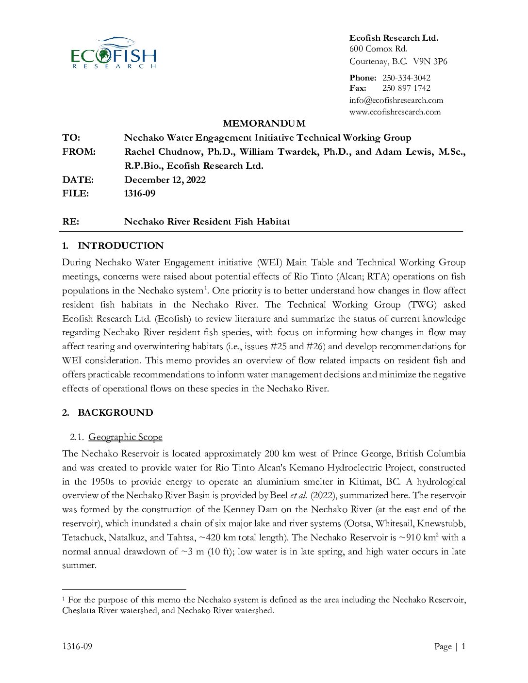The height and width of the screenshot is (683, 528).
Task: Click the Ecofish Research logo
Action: point(114,53)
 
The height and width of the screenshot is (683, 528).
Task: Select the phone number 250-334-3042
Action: point(406,78)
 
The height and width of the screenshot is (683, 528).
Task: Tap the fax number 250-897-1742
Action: point(406,88)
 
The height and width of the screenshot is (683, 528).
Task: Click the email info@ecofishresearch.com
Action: point(396,100)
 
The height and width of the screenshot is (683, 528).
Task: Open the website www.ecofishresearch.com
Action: point(395,112)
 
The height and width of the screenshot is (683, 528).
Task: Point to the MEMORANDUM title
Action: point(264,124)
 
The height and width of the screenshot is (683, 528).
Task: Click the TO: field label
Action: point(71,138)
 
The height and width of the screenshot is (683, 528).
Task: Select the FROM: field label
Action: point(79,152)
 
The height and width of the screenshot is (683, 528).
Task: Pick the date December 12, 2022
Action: point(165,180)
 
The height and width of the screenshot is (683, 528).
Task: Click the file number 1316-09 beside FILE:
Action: point(140,194)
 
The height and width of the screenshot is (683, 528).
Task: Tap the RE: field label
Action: point(71,222)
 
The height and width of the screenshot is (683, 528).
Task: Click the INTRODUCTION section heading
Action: point(120,246)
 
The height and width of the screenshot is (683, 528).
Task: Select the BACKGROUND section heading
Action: point(115,413)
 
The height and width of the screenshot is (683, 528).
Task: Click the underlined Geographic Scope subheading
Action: point(125,437)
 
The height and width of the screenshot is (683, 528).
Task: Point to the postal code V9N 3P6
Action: point(430,62)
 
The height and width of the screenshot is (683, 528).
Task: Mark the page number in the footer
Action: point(463,646)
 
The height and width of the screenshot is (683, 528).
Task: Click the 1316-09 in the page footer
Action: point(77,646)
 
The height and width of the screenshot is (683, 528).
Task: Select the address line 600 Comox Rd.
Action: point(379,49)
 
